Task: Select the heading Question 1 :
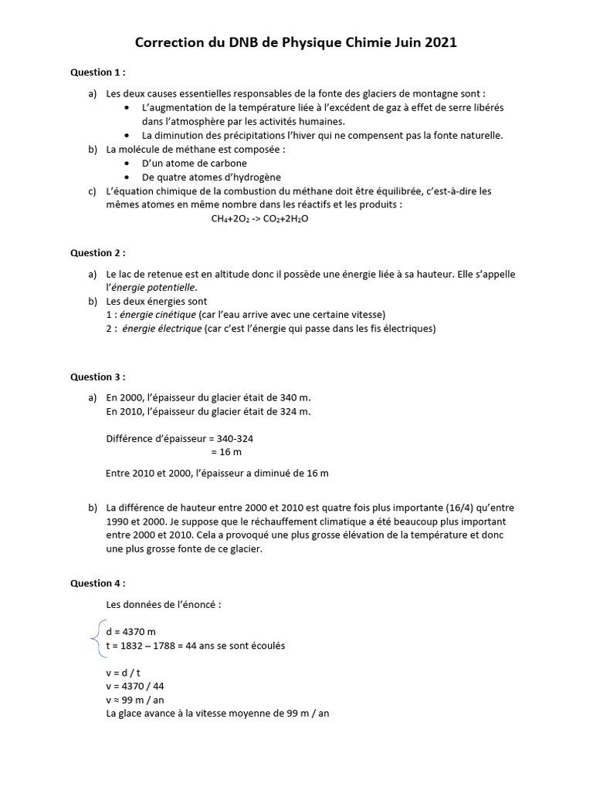pyautogui.click(x=97, y=73)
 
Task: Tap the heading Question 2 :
pyautogui.click(x=97, y=252)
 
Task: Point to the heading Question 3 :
pyautogui.click(x=97, y=376)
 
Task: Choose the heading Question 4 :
pyautogui.click(x=97, y=583)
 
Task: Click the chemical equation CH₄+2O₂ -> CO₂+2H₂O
pyautogui.click(x=259, y=218)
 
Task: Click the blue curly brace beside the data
pyautogui.click(x=96, y=638)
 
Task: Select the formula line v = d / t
pyautogui.click(x=124, y=672)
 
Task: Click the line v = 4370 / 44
pyautogui.click(x=136, y=686)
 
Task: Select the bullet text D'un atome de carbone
pyautogui.click(x=195, y=164)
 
